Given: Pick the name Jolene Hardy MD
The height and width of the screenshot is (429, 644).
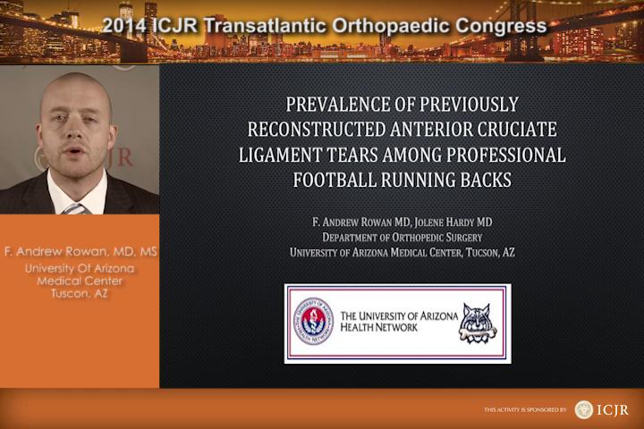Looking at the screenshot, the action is click(x=453, y=222).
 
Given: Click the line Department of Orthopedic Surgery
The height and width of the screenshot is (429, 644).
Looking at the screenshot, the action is click(x=402, y=237).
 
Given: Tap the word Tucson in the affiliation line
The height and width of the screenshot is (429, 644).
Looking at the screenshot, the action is click(x=482, y=252).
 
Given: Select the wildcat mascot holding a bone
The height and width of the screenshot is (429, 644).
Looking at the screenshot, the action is click(x=477, y=323).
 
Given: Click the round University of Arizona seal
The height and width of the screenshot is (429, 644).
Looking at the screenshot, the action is click(x=314, y=321).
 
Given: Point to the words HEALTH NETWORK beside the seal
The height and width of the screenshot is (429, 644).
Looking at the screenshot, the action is click(x=378, y=327).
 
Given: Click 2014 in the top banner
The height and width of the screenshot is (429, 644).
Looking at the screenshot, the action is click(x=123, y=25).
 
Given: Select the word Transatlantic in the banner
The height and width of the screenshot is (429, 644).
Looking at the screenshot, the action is click(x=265, y=25).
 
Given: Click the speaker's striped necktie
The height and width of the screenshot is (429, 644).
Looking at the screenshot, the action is click(x=75, y=209).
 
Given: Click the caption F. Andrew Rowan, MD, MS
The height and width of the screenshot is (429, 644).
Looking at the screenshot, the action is click(x=80, y=251).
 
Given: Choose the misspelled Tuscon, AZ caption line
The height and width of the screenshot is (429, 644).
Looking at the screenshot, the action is click(x=80, y=293).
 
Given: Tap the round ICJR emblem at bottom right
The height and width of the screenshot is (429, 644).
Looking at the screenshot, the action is click(x=583, y=409).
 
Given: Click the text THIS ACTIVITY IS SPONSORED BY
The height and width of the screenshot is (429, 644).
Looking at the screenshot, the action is click(x=524, y=409).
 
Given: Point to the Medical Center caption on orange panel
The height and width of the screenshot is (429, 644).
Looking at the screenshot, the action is click(x=80, y=281).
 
